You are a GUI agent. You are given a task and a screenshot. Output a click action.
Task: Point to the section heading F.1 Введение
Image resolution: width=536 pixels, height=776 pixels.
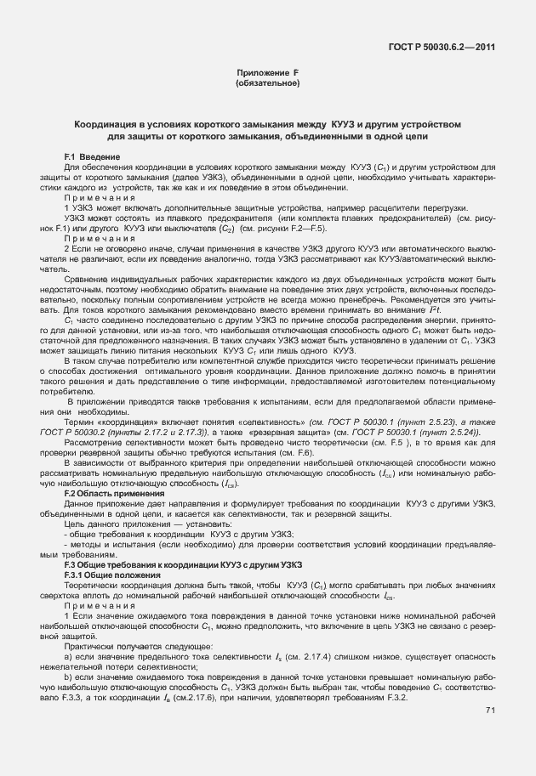point(93,158)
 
